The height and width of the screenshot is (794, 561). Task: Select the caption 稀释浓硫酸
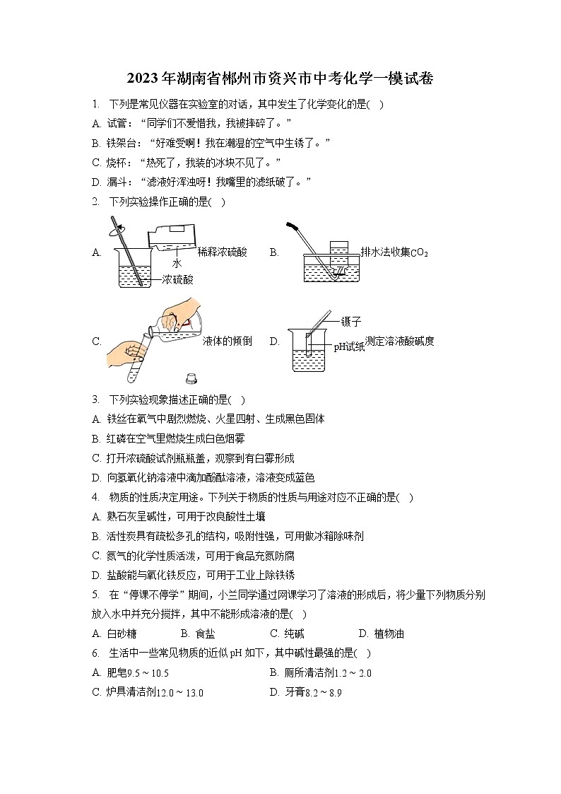[x=223, y=252]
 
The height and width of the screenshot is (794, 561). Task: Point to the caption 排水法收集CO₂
[x=394, y=252]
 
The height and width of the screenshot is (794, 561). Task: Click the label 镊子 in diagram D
[x=351, y=322]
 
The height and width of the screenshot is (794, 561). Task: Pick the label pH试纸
[x=349, y=346]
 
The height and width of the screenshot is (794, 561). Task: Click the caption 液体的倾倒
[x=227, y=341]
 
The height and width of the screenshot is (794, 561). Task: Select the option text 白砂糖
[x=122, y=634]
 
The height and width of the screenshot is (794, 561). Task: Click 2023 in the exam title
[x=142, y=78]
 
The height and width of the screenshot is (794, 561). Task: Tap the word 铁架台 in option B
[x=120, y=143]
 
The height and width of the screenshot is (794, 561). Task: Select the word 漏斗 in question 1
[x=116, y=182]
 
